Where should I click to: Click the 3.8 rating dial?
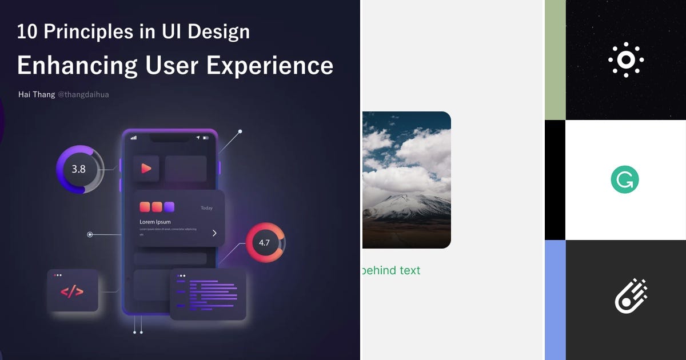pyautogui.click(x=79, y=169)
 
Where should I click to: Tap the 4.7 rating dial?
pyautogui.click(x=265, y=242)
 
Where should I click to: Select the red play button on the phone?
pyautogui.click(x=146, y=169)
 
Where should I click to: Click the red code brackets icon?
pyautogui.click(x=72, y=291)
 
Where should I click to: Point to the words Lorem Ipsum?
pyautogui.click(x=155, y=222)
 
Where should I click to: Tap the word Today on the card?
pyautogui.click(x=206, y=208)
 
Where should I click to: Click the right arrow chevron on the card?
pyautogui.click(x=214, y=233)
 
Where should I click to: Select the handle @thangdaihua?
pyautogui.click(x=83, y=94)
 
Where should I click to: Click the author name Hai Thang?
pyautogui.click(x=37, y=94)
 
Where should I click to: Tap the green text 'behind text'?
pyautogui.click(x=392, y=270)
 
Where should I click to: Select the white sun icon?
pyautogui.click(x=626, y=59)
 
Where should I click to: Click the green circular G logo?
pyautogui.click(x=625, y=180)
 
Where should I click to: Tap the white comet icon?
pyautogui.click(x=631, y=296)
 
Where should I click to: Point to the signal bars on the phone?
pyautogui.click(x=134, y=138)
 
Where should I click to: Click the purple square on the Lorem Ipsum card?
pyautogui.click(x=169, y=207)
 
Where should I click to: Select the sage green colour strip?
pyautogui.click(x=555, y=60)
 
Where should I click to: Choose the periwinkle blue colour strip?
pyautogui.click(x=555, y=300)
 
